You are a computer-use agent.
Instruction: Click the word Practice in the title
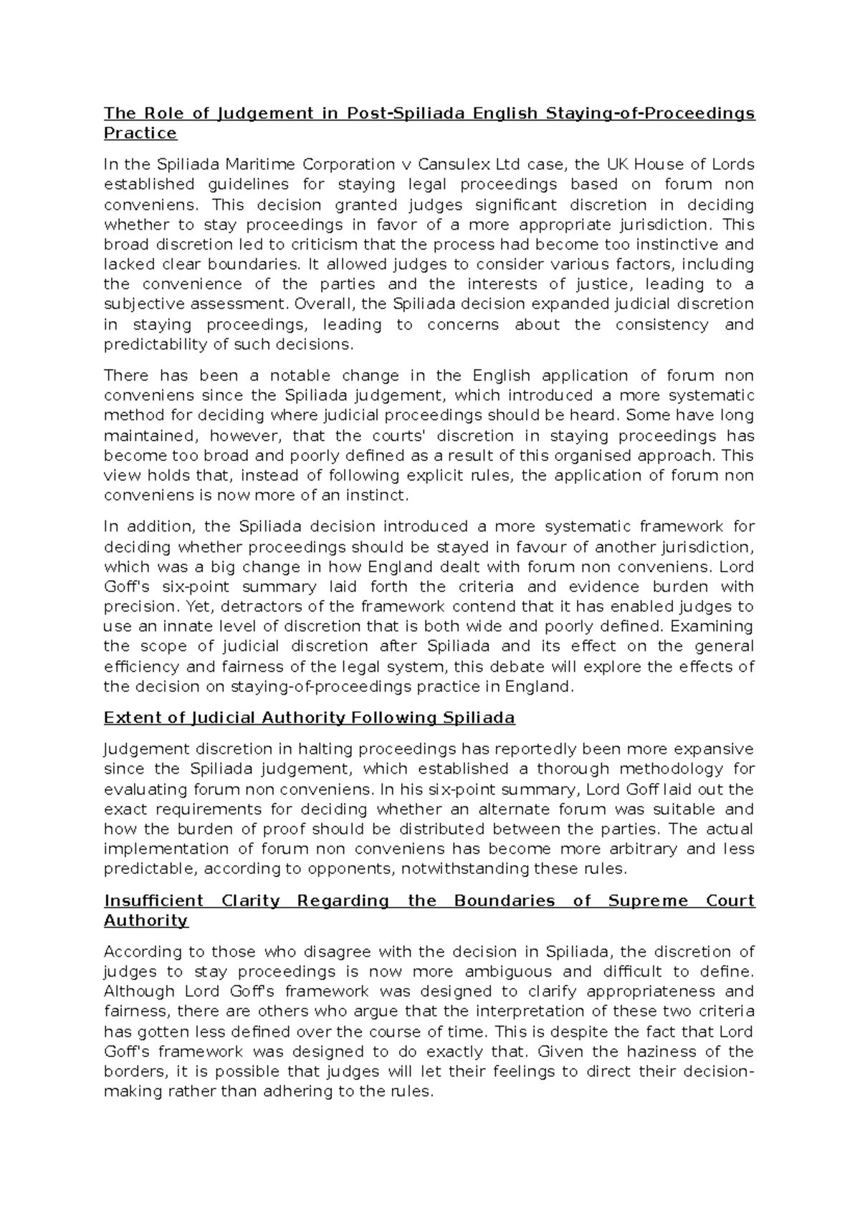[x=140, y=133]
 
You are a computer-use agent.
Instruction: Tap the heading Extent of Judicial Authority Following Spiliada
[x=309, y=718]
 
